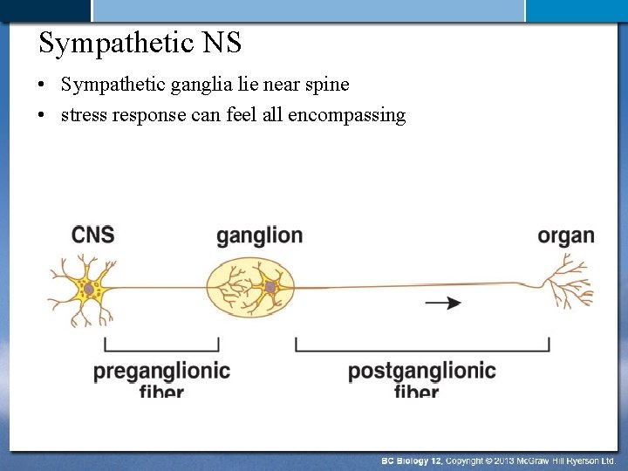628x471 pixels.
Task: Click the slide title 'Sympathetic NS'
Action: pos(140,42)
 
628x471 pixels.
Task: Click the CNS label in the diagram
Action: pos(93,235)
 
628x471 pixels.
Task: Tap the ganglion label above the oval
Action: pos(259,235)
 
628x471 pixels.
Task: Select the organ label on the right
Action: pos(566,235)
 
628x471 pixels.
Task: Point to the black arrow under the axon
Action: pos(444,303)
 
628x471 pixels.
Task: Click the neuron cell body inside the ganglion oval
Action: pos(270,287)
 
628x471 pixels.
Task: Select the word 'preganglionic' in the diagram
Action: pos(161,371)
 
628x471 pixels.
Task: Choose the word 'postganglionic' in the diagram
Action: pos(421,371)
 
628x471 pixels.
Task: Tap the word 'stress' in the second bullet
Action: pos(84,115)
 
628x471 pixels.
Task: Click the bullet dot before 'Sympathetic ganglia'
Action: pos(42,85)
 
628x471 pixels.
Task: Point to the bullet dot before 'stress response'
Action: pos(42,116)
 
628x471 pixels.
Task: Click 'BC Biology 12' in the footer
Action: pos(412,461)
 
